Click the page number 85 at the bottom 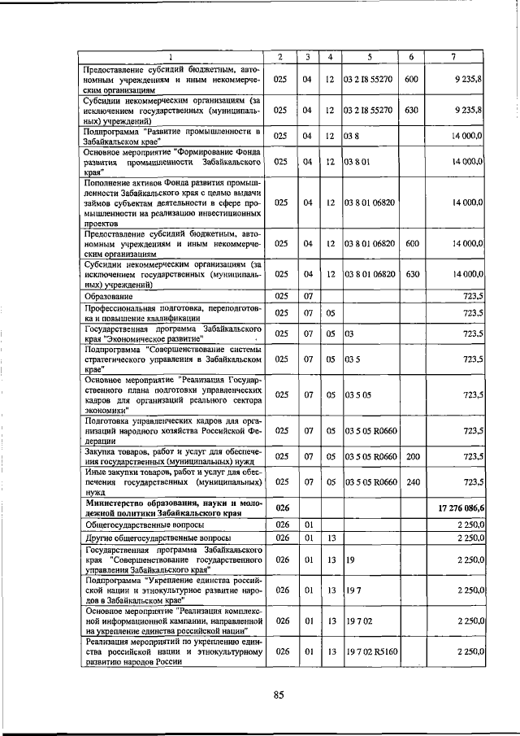pos(278,694)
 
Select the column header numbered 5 pos(369,57)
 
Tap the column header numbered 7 pos(453,57)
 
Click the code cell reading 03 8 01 pos(357,162)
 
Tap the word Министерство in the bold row pos(118,503)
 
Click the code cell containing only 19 pos(349,560)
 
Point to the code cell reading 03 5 pos(352,358)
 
